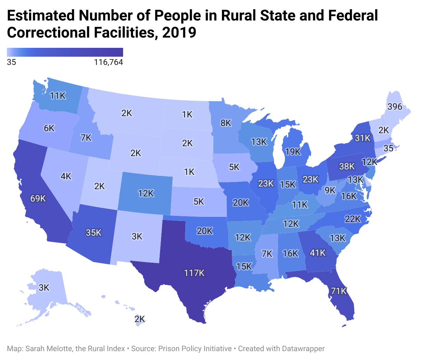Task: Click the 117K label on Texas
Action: [x=194, y=273]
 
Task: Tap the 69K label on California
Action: [x=38, y=198]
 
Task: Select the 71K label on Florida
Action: [x=339, y=291]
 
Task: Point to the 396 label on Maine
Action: [x=395, y=107]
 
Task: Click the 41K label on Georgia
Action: [x=318, y=253]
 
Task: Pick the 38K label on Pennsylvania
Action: [x=347, y=166]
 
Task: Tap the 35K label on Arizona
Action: [x=94, y=233]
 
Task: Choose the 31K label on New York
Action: [x=362, y=138]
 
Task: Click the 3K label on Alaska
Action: [x=44, y=288]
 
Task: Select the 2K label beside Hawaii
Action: [x=140, y=319]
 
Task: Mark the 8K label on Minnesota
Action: [x=226, y=123]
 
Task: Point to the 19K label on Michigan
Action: [x=293, y=152]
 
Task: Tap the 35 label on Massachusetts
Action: [x=388, y=148]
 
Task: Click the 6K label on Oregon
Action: [x=49, y=128]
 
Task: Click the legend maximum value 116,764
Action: [x=108, y=62]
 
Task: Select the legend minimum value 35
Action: [x=11, y=62]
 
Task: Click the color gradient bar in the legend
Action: [x=65, y=52]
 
